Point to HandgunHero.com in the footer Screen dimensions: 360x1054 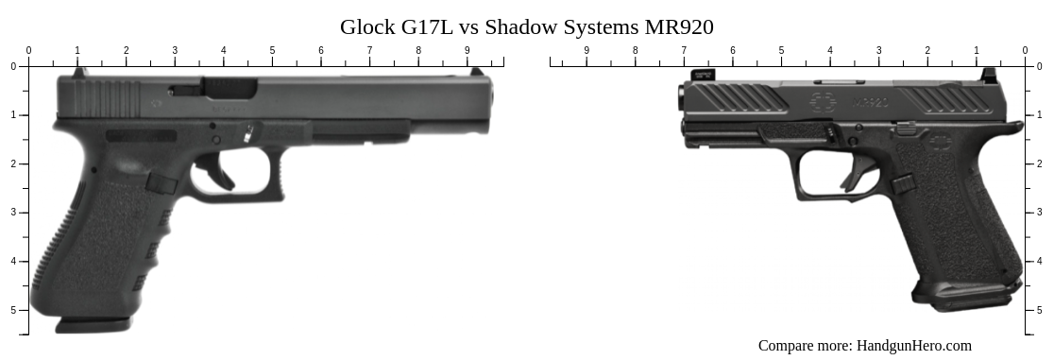(913, 346)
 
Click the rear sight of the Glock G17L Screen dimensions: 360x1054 (79, 71)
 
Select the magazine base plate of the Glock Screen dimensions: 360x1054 (93, 325)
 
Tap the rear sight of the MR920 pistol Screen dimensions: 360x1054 (988, 76)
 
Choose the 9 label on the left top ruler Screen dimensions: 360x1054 (467, 51)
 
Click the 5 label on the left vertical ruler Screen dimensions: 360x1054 (13, 310)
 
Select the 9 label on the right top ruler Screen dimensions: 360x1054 (586, 51)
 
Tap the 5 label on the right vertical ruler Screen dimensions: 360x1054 (1040, 310)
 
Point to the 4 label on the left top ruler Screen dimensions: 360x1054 (223, 51)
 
